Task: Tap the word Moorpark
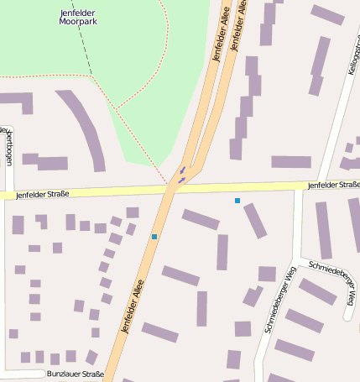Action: (80, 23)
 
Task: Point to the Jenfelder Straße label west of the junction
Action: (42, 194)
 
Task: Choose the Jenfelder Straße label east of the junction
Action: (333, 185)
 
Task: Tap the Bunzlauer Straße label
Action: (76, 374)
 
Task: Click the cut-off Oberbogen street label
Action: (8, 147)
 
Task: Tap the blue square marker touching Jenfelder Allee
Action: (154, 237)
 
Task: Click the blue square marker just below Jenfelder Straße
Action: (237, 201)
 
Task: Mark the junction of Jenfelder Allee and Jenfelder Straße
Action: (173, 188)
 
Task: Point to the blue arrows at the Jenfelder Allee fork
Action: (181, 175)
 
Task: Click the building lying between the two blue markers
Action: (201, 220)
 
